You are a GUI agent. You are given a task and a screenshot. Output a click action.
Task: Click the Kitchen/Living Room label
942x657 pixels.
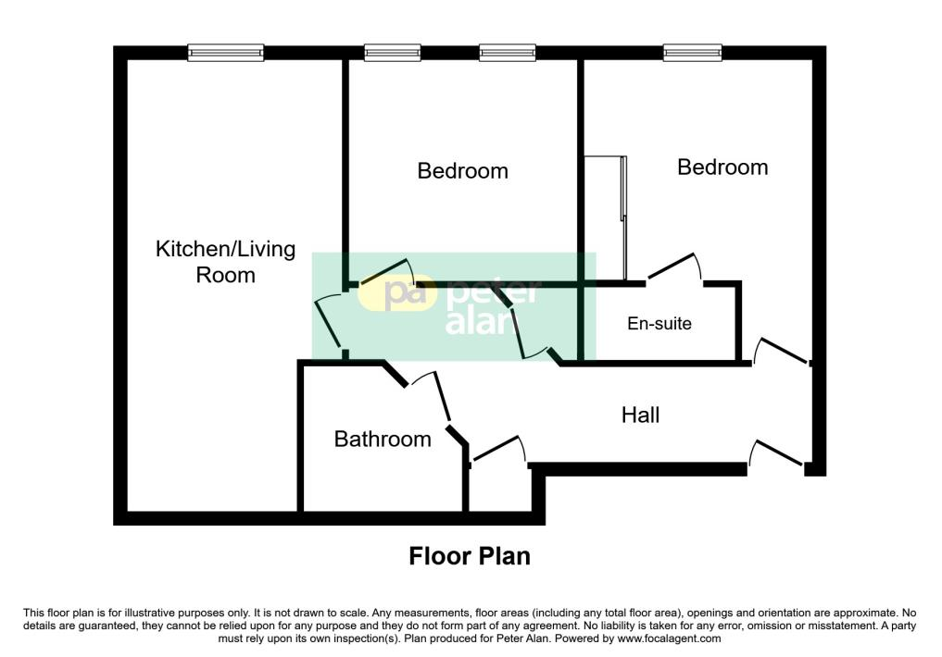tap(225, 262)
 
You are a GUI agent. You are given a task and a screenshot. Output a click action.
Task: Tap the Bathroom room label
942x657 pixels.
tap(383, 440)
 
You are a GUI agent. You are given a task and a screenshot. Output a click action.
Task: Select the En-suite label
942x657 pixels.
tap(659, 324)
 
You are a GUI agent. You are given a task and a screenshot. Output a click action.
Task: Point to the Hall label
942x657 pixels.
tap(640, 415)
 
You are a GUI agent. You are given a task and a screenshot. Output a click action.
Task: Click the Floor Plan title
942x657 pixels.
tap(470, 556)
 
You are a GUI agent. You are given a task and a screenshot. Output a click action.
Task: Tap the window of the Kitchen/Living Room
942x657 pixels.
tap(226, 53)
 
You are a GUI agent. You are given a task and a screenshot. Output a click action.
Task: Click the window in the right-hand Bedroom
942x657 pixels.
tap(692, 53)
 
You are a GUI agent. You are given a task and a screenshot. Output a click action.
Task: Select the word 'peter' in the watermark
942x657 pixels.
tap(493, 294)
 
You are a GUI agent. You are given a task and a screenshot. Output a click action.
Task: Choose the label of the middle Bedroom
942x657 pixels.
tap(462, 171)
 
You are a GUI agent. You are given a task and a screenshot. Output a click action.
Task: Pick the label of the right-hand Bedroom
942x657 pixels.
tap(722, 167)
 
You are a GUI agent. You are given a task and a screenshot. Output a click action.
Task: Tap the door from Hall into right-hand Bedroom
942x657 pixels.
tap(783, 352)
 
